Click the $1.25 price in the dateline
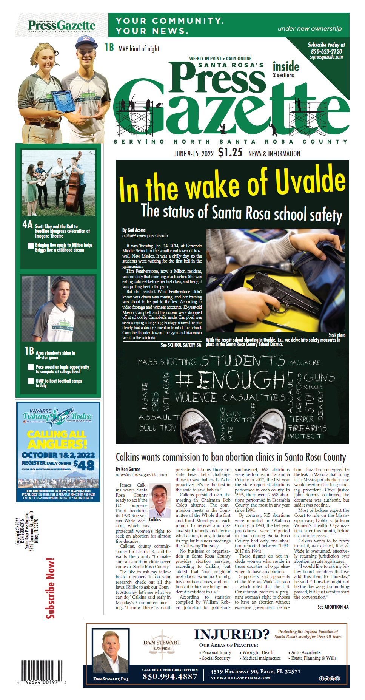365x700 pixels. point(230,152)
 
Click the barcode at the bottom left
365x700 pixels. point(42,672)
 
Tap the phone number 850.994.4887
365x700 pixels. point(170,677)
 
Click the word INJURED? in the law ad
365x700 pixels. point(231,634)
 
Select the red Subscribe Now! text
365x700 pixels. point(51,588)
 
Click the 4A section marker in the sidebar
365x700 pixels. point(28,224)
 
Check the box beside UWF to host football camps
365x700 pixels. point(31,381)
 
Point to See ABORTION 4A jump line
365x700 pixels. point(333,607)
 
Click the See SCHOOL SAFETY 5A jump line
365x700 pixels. point(181,345)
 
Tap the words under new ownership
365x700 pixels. point(310,29)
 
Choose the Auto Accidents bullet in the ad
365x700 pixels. point(306,652)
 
